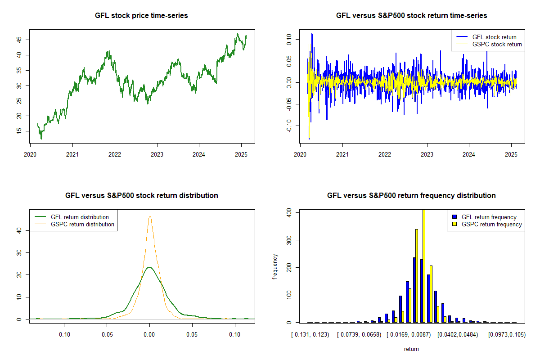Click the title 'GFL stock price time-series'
141,16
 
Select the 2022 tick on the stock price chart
115,153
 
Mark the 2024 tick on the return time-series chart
469,153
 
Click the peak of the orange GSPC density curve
150,216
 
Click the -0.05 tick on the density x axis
107,335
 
